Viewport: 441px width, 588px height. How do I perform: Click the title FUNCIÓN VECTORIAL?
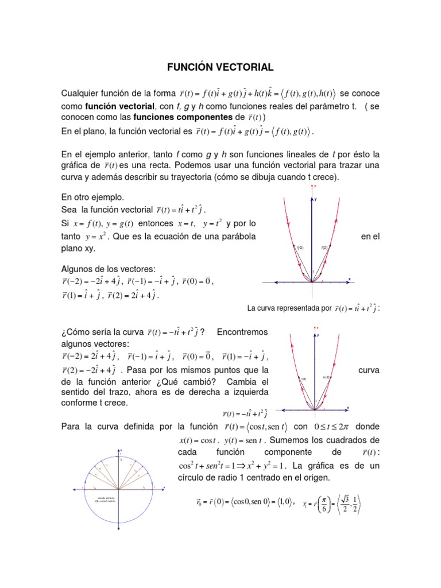coord(220,67)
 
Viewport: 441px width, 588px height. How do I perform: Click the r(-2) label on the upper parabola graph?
coord(299,247)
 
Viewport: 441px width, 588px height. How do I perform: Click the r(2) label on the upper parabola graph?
coord(324,247)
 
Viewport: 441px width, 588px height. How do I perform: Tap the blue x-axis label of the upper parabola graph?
coord(349,278)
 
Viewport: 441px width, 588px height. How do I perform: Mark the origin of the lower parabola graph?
coord(315,410)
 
